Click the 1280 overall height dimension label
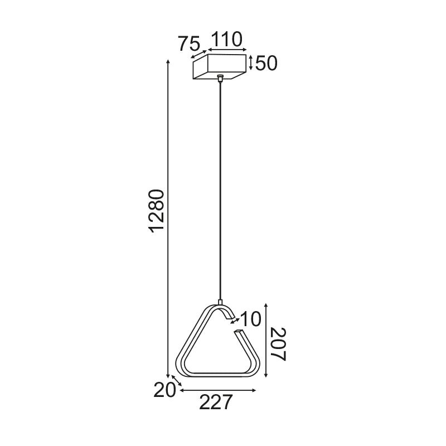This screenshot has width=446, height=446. (x=157, y=211)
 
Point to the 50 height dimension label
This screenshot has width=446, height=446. (x=266, y=63)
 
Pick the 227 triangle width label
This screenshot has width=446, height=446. (x=215, y=403)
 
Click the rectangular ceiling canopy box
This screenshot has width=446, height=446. (x=220, y=67)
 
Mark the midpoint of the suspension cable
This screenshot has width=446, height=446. (x=221, y=190)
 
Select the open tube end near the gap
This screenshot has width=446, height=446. (x=239, y=332)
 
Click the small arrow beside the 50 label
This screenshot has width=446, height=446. (x=251, y=63)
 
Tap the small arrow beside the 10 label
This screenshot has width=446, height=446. (x=235, y=321)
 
